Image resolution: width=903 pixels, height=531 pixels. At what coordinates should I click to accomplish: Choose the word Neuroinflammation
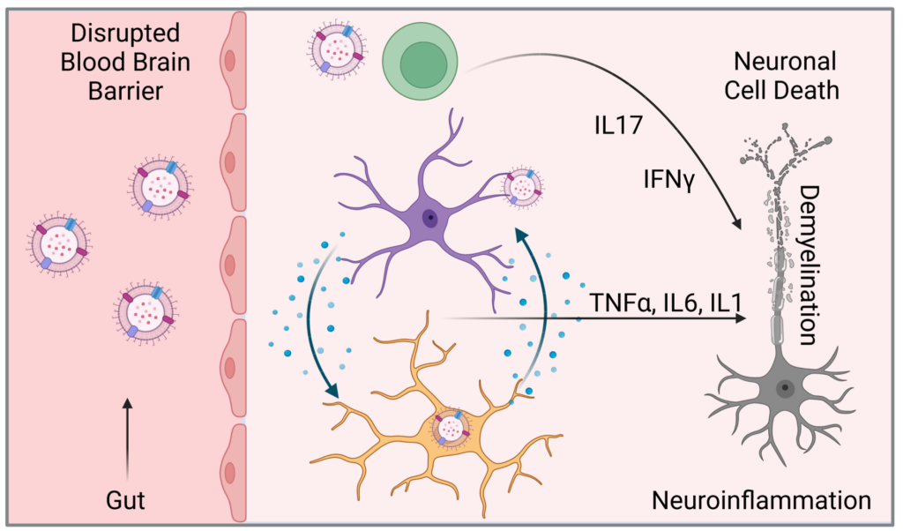760,500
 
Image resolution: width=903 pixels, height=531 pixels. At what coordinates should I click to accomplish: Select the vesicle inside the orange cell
454,427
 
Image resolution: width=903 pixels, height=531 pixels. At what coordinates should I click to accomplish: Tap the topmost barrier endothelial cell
230,60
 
